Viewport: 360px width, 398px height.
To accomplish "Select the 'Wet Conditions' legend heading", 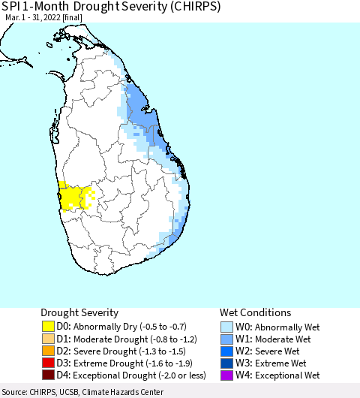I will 255,312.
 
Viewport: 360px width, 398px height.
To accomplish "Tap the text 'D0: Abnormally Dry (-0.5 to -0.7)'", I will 123,327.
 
